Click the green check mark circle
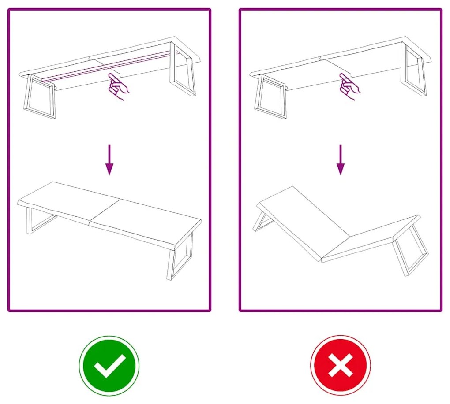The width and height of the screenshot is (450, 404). [x=109, y=366]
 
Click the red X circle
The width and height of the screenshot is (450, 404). [x=340, y=366]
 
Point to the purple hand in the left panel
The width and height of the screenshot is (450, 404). [x=118, y=86]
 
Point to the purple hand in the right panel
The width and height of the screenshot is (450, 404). [x=349, y=86]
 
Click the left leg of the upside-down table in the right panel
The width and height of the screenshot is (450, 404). [x=270, y=98]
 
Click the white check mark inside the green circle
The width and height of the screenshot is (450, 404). [x=109, y=366]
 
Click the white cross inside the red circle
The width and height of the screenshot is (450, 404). [x=340, y=366]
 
